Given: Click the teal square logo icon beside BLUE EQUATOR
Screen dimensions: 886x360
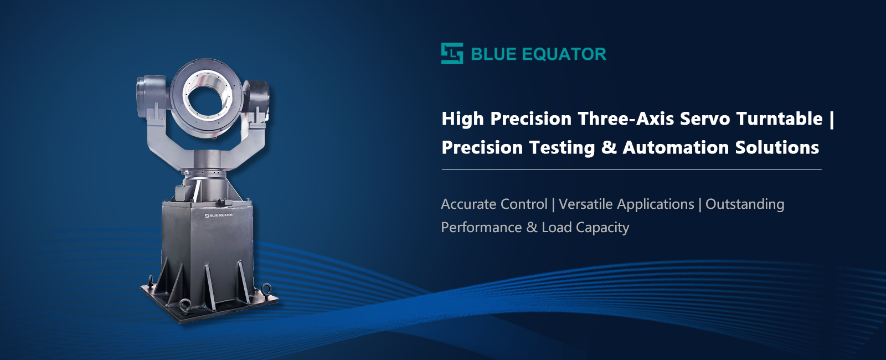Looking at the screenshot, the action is coord(452,53).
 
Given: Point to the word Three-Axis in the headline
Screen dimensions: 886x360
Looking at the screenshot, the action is coord(626,119).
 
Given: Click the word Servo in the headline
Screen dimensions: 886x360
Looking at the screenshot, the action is coord(705,119).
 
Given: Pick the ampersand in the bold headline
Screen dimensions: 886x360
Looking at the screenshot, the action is coord(609,147).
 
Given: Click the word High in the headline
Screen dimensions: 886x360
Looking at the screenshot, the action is coord(463,119).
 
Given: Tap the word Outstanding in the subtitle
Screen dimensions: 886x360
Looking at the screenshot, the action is coord(745,204).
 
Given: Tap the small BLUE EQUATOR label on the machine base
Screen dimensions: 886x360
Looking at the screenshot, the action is coord(219,215).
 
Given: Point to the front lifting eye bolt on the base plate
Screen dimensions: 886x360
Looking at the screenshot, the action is coord(185,306).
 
